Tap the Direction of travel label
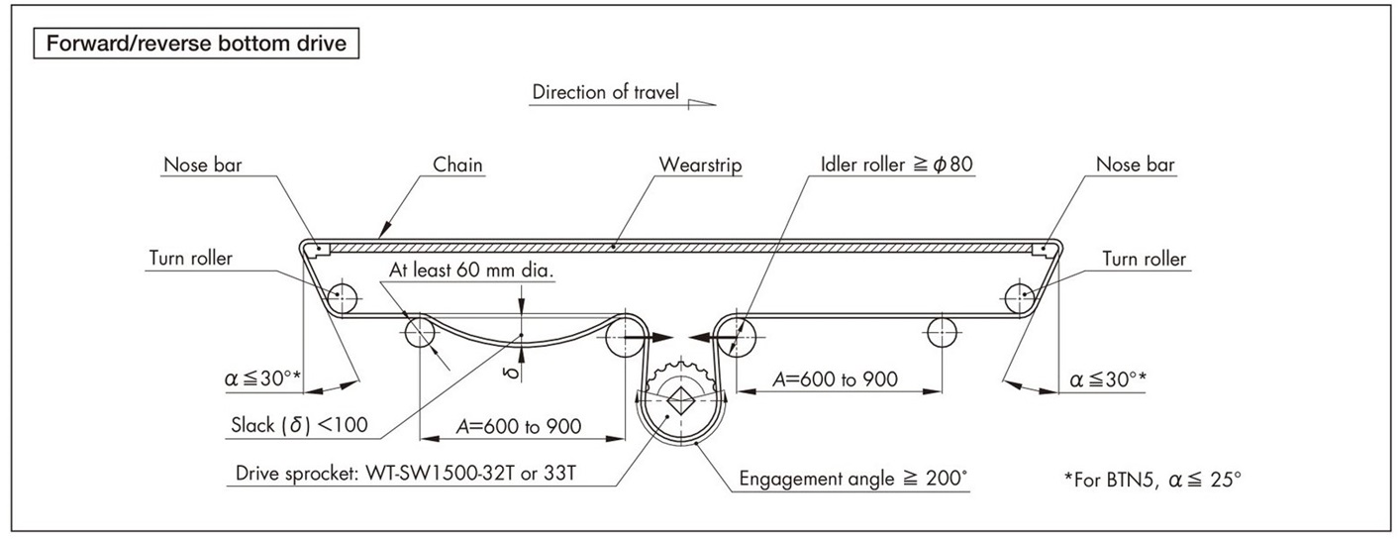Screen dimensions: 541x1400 605,93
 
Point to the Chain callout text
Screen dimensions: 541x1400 457,164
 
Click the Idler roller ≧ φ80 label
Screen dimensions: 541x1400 898,164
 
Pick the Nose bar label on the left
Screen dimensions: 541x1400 202,164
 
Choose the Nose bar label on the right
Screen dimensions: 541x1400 1136,164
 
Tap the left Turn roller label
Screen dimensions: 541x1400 191,260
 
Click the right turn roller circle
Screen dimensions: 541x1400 1019,296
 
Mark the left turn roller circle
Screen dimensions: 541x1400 344,296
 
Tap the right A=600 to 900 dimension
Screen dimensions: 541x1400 835,379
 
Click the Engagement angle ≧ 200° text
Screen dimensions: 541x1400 853,479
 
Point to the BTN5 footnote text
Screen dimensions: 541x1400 1152,480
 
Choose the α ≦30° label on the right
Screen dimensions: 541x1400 1109,378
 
